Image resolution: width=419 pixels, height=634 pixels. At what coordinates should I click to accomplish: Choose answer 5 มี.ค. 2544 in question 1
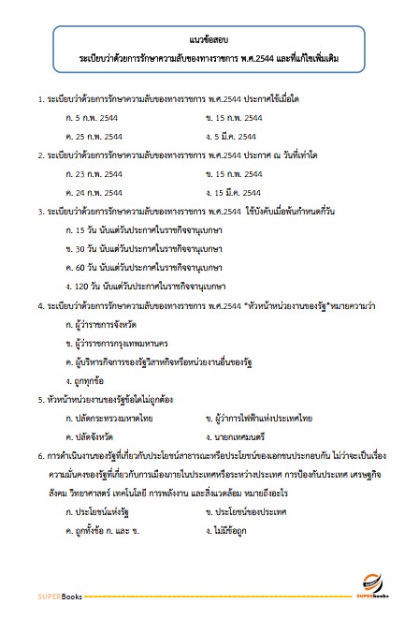click(x=237, y=135)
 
